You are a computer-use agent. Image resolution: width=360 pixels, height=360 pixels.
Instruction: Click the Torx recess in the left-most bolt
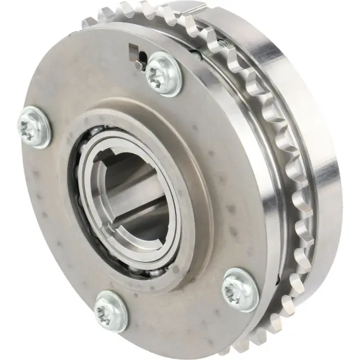click(x=30, y=129)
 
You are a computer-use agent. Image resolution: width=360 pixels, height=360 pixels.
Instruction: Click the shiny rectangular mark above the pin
click(x=133, y=51)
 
